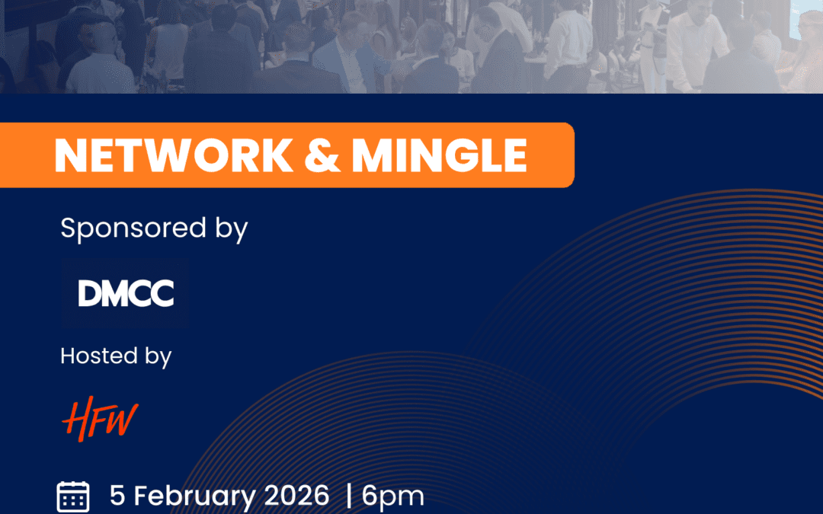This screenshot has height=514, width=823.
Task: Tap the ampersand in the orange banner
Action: click(x=322, y=155)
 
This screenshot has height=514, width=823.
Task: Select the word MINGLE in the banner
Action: click(x=439, y=155)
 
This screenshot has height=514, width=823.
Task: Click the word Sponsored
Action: click(x=133, y=228)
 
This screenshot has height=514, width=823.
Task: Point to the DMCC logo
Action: click(x=125, y=293)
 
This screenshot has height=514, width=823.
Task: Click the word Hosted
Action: click(x=98, y=356)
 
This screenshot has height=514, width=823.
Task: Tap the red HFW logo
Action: click(x=100, y=419)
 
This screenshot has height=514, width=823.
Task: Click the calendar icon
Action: click(x=73, y=496)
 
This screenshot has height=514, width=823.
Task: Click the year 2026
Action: click(x=296, y=496)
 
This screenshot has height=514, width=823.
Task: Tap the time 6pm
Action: click(x=392, y=496)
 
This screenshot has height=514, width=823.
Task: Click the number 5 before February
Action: click(x=117, y=496)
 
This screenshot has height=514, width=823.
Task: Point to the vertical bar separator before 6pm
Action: click(x=349, y=496)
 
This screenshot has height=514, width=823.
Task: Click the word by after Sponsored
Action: click(x=232, y=230)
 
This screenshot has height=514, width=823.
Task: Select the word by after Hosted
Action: click(x=158, y=356)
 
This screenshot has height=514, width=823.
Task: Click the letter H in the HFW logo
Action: click(x=78, y=419)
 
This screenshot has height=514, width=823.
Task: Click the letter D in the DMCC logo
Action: click(x=89, y=293)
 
